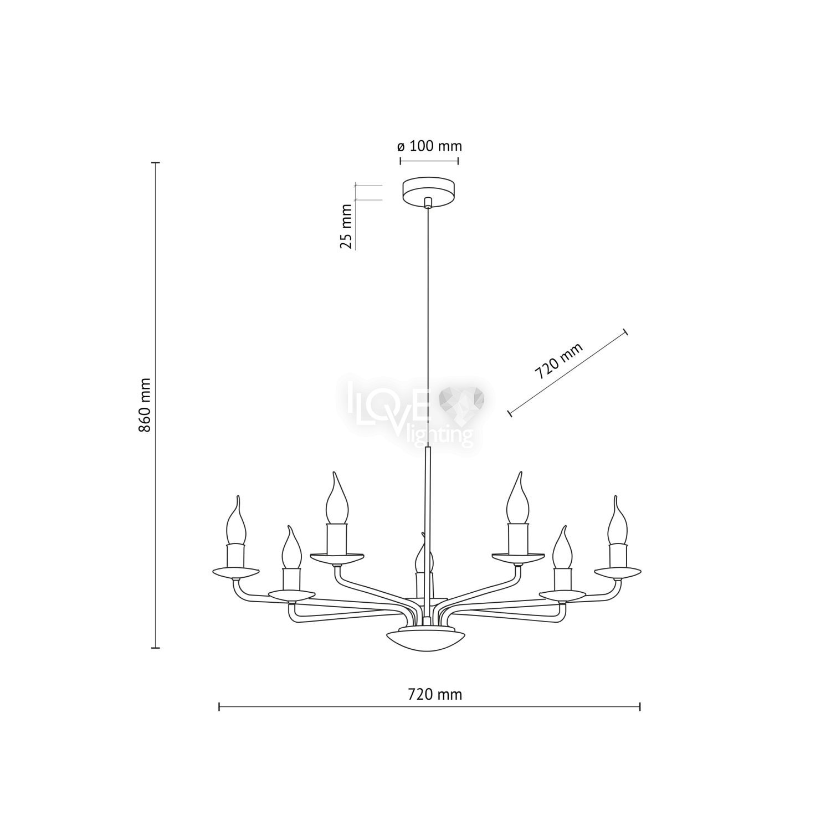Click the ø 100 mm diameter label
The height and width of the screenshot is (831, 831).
429,146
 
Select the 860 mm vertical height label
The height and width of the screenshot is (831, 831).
145,405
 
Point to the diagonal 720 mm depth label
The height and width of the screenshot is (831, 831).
559,361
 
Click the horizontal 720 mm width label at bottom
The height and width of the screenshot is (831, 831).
435,694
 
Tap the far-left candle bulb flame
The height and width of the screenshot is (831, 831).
237,521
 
